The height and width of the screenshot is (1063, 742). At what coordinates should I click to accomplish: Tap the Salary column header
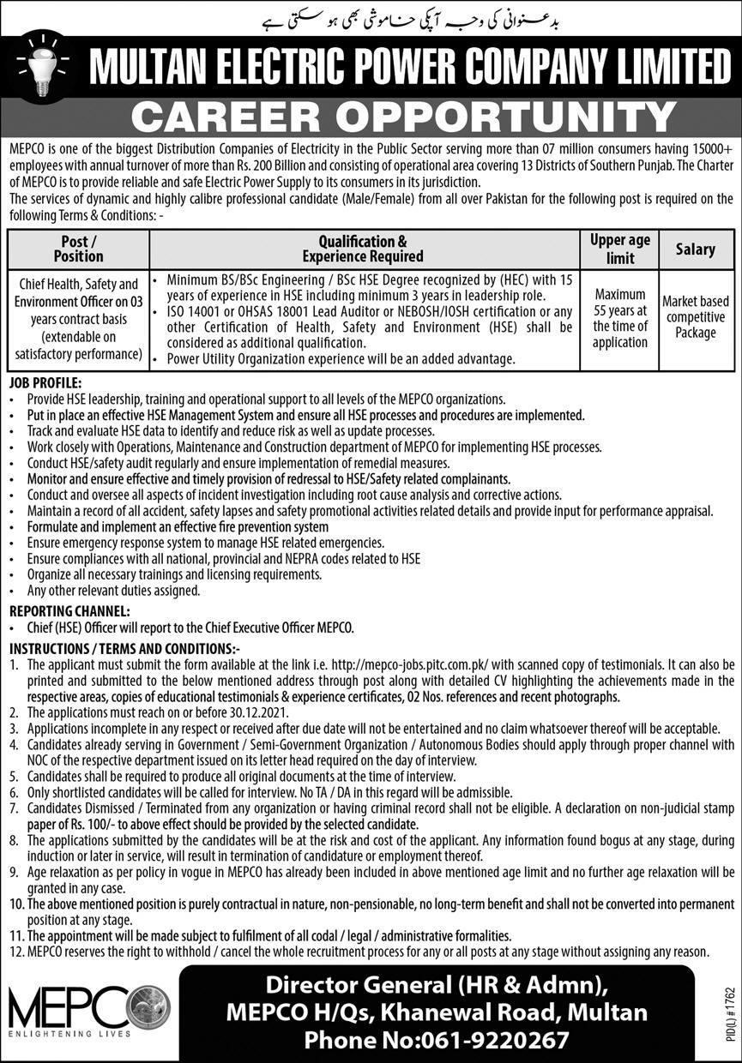[x=695, y=249]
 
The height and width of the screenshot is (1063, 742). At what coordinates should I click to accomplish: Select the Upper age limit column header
[x=620, y=249]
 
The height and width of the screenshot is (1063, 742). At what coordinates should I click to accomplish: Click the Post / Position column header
[x=78, y=249]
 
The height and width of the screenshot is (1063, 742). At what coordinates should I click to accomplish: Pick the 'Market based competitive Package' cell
[x=695, y=317]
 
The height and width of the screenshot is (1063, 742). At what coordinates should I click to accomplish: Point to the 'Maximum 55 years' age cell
[x=620, y=317]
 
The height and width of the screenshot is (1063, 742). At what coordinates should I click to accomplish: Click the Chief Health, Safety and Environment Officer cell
[x=78, y=318]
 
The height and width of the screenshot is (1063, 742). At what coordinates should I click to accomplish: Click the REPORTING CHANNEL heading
[x=69, y=611]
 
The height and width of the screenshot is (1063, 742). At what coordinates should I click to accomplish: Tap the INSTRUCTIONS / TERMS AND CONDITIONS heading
[x=124, y=649]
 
